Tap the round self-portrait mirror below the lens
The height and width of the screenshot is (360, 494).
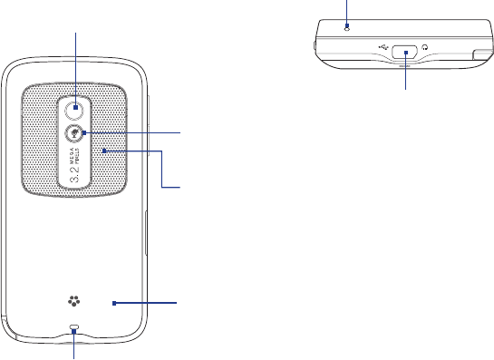point(73,133)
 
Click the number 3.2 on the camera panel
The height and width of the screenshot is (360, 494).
point(74,174)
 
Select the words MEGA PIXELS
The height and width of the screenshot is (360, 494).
point(74,156)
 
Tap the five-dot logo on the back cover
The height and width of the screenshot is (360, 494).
point(73,301)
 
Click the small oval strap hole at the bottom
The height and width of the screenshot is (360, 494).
point(74,326)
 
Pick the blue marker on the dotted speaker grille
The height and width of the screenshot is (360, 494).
point(104,151)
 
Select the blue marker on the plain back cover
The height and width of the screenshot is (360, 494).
point(114,303)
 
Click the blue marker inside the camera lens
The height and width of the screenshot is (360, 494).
point(75,108)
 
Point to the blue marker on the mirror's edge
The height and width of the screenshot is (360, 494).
point(84,133)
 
